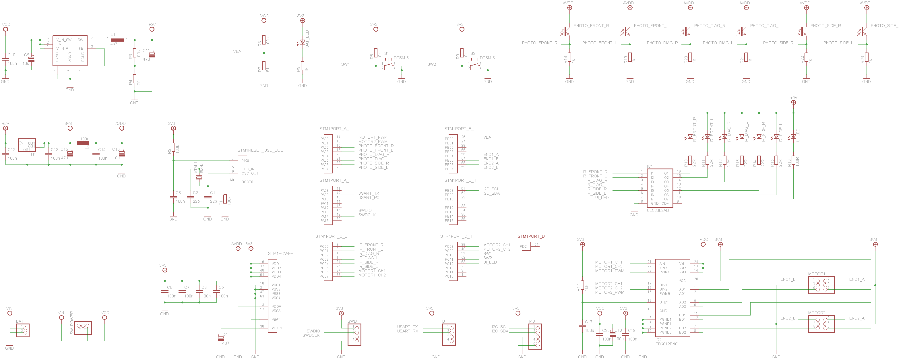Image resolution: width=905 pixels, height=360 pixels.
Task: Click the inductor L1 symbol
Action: pyautogui.click(x=117, y=40)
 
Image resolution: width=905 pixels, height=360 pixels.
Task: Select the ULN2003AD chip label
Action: pyautogui.click(x=658, y=211)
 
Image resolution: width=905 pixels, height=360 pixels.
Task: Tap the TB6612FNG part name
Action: pyautogui.click(x=666, y=344)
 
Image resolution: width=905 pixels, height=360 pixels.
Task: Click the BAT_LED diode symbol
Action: pyautogui.click(x=303, y=42)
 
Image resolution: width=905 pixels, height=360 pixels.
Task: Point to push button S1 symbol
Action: pyautogui.click(x=388, y=65)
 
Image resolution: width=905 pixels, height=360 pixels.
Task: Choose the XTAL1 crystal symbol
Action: pyautogui.click(x=199, y=177)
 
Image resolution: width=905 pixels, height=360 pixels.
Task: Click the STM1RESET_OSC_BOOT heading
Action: pyautogui.click(x=261, y=150)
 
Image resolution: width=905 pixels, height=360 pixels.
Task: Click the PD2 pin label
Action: pyautogui.click(x=523, y=247)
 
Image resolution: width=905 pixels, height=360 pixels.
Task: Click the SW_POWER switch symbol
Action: pyautogui.click(x=83, y=327)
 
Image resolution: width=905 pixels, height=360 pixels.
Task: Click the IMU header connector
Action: pyautogui.click(x=535, y=336)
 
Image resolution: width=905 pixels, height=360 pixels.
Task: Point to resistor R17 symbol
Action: pyautogui.click(x=582, y=285)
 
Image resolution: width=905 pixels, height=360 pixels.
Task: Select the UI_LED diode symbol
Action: pyautogui.click(x=793, y=137)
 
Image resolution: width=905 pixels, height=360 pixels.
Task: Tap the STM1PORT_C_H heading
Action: pyautogui.click(x=456, y=236)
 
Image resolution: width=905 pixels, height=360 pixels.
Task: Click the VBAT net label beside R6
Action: pyautogui.click(x=238, y=52)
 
